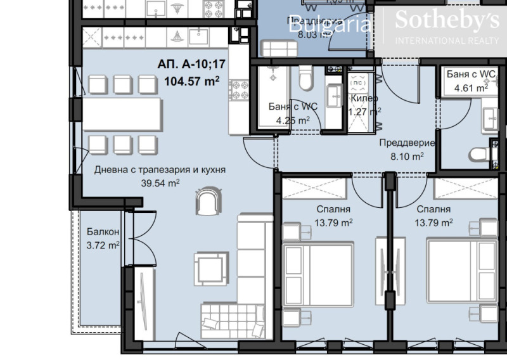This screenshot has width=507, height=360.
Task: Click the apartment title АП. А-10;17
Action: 192,65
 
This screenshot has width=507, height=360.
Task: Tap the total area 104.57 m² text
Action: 192,80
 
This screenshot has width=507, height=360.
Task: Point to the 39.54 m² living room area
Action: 160,183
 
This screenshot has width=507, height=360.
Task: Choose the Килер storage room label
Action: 364,99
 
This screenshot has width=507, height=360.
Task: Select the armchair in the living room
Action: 209,202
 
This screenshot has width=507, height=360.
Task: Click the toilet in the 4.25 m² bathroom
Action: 305,79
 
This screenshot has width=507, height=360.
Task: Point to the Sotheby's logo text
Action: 446,21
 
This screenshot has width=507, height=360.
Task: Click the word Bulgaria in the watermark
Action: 329,25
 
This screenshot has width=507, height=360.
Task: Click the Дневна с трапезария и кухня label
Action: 160,170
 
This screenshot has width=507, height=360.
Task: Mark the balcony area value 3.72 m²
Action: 103,245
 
